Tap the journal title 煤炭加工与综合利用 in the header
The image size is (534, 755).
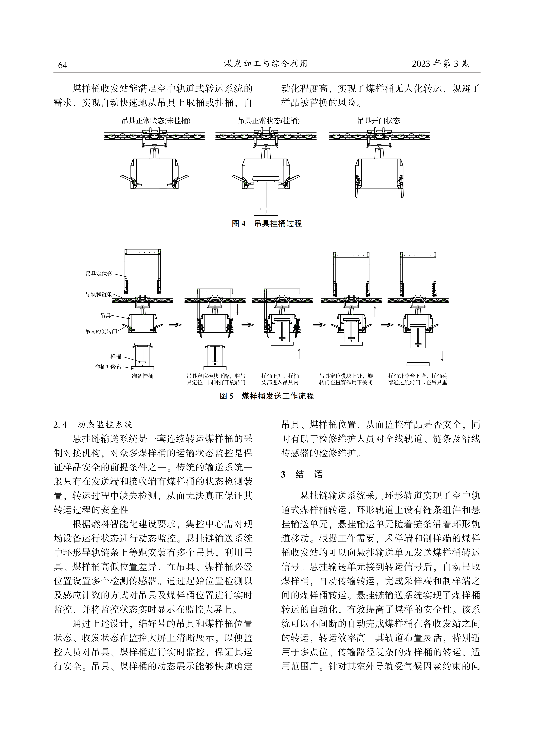point(266,63)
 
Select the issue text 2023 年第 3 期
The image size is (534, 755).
point(441,64)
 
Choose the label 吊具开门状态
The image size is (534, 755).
point(379,121)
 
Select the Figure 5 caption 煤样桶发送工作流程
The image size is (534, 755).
point(278,396)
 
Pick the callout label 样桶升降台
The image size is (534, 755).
point(108,367)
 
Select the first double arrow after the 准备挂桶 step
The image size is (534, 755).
point(175,325)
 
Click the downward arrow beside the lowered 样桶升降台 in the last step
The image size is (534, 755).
point(442,356)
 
